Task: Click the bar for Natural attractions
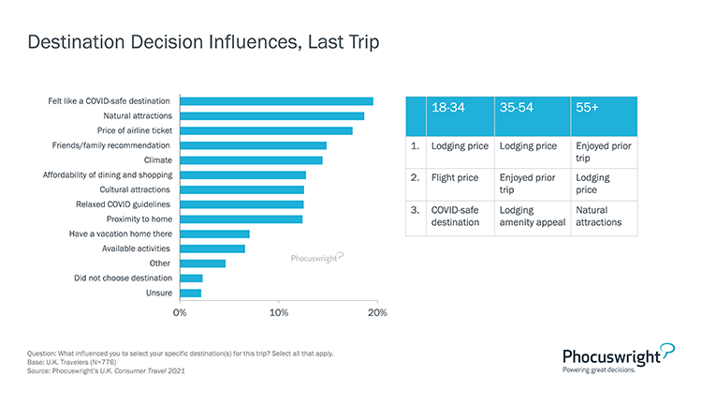click(x=271, y=115)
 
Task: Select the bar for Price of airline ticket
click(x=266, y=130)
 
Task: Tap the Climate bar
click(x=251, y=159)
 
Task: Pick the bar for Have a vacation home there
click(x=214, y=234)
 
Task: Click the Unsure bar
click(x=190, y=293)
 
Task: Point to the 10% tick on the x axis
click(x=278, y=311)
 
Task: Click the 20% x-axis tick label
click(x=376, y=311)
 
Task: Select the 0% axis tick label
click(x=180, y=311)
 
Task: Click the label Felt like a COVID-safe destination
click(x=110, y=101)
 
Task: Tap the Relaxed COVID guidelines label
click(x=123, y=203)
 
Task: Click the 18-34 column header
click(x=447, y=108)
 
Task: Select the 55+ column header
click(x=589, y=108)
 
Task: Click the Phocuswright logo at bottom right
click(x=619, y=355)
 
